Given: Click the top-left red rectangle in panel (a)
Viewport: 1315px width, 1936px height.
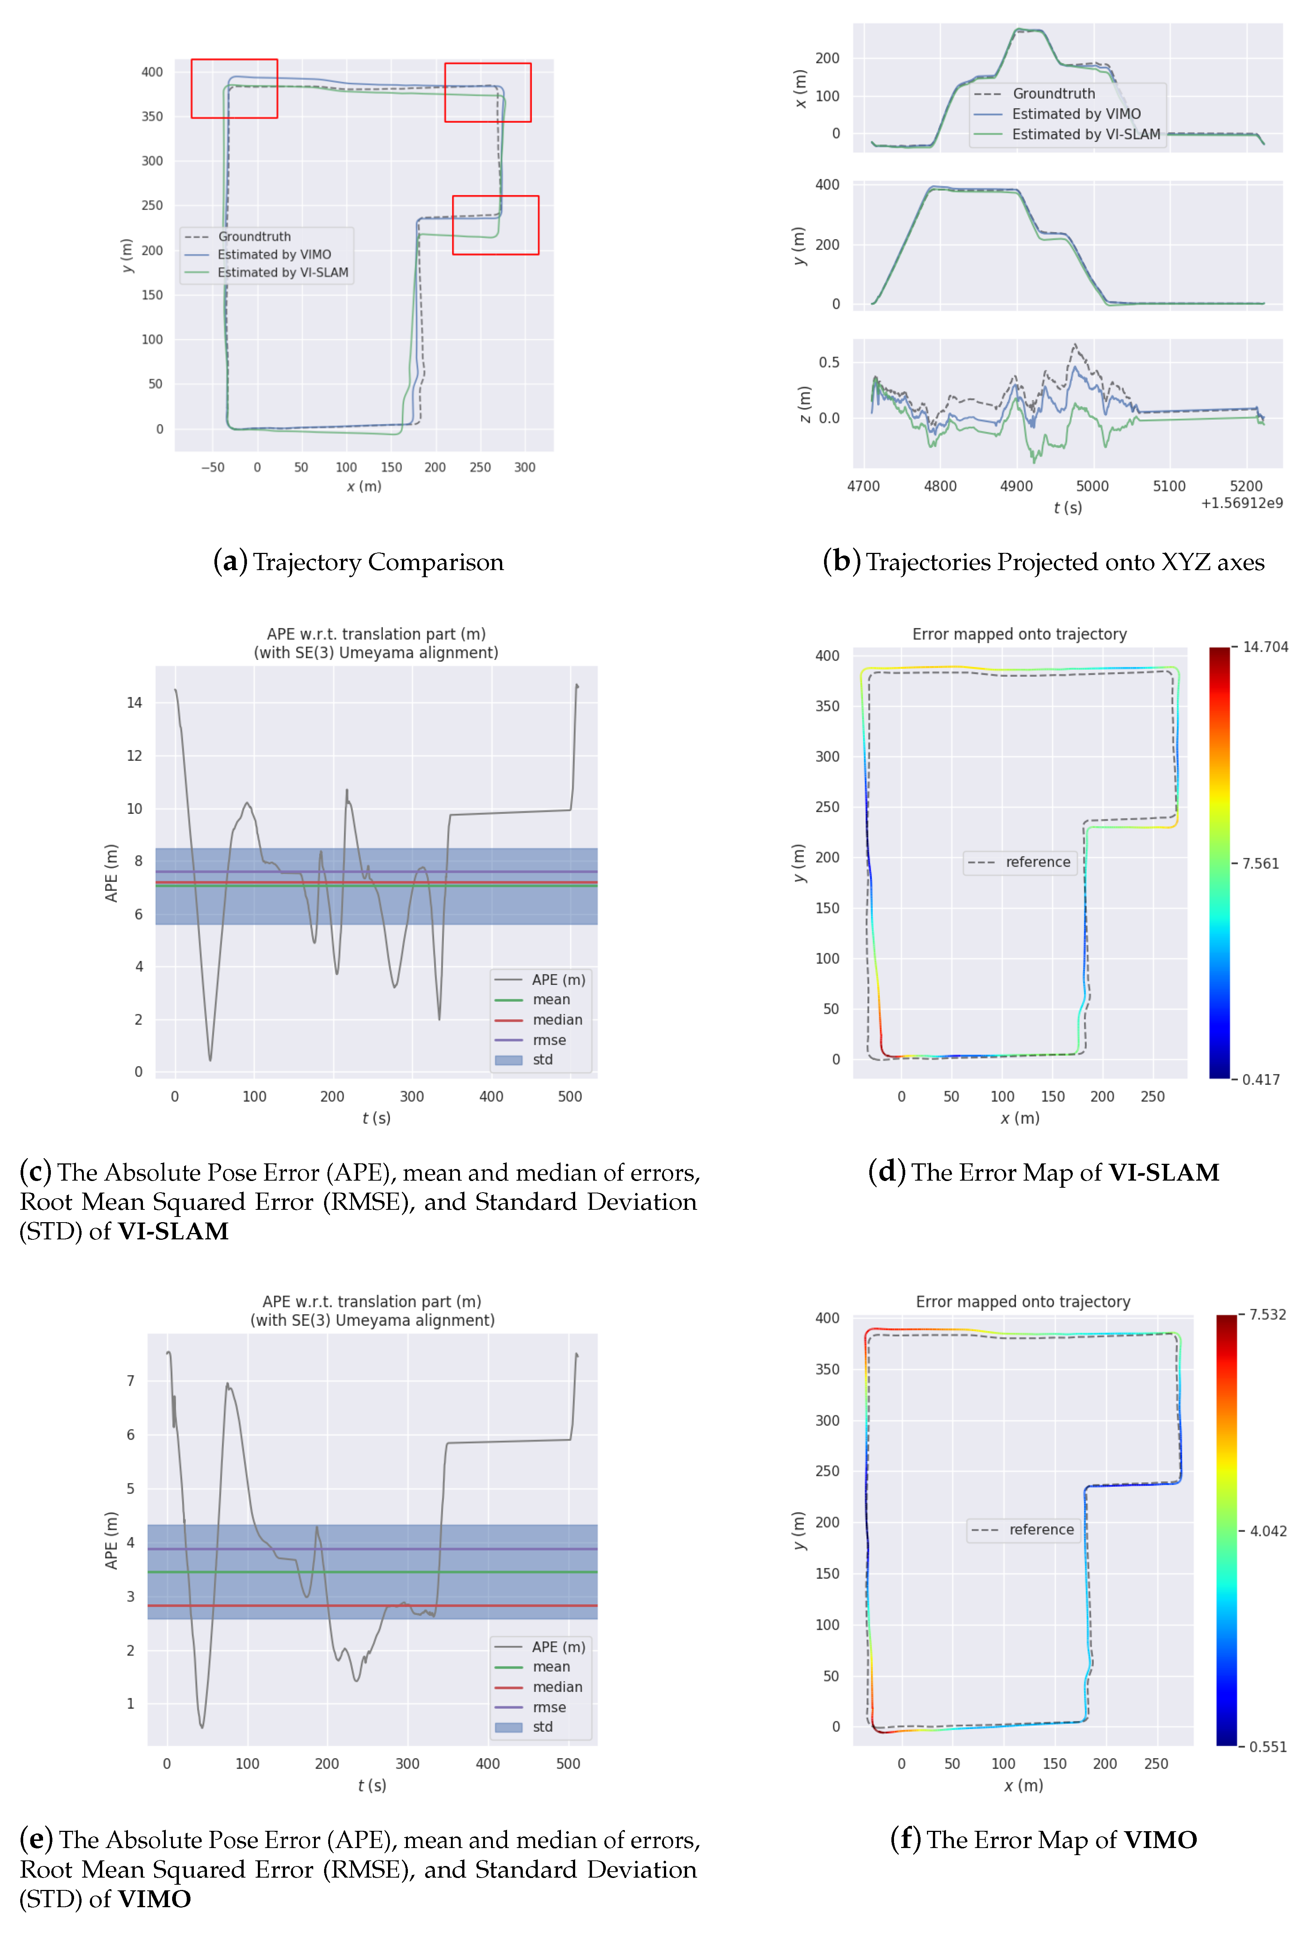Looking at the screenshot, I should click(x=234, y=60).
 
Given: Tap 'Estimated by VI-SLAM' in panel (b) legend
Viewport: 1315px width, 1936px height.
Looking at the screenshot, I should click(x=1085, y=134).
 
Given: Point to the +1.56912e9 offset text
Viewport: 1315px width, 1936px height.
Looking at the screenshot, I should click(x=1241, y=503).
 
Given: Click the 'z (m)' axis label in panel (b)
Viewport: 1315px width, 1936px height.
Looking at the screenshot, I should click(x=804, y=404).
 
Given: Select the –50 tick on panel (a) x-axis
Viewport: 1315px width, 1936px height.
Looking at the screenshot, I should click(x=212, y=467).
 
